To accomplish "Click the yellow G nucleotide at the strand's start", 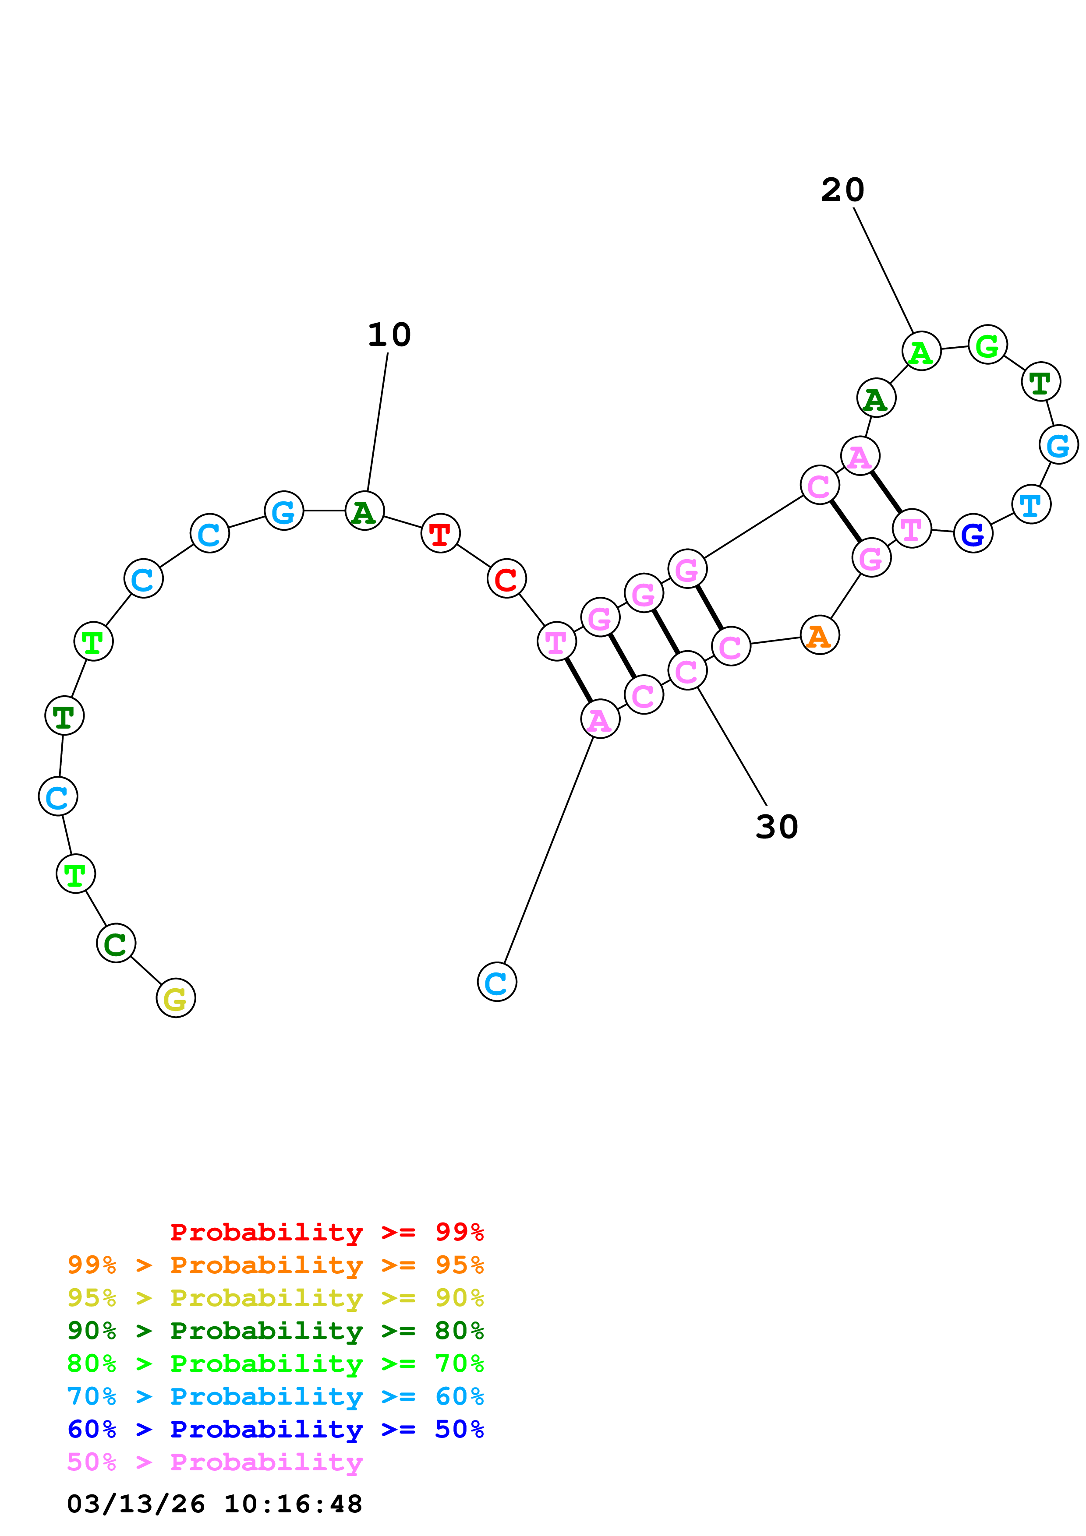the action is [175, 998].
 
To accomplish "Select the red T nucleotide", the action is [440, 534].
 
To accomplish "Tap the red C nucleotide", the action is [506, 579].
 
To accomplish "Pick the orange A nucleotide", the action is [819, 635].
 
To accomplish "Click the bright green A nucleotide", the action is [921, 351].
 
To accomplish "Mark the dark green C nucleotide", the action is [116, 943].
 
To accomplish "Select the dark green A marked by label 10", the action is [364, 511].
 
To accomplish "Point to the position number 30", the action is [776, 827].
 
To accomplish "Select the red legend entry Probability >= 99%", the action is [326, 1232].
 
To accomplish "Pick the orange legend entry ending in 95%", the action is [275, 1265].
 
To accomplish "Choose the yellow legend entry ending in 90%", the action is [275, 1298].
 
